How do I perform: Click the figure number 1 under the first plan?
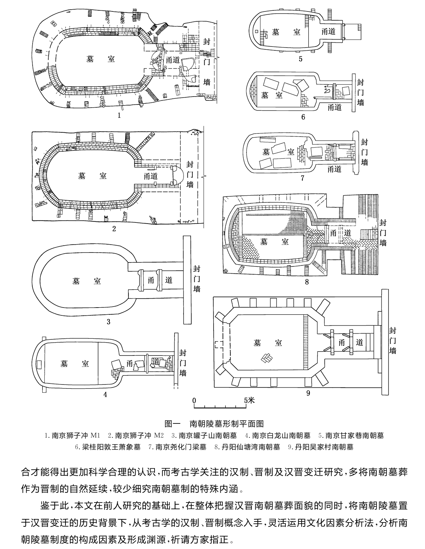point(119,116)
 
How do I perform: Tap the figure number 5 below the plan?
point(301,59)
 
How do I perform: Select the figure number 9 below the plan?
point(308,393)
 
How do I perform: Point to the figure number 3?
point(108,322)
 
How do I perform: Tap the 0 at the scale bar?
point(194,401)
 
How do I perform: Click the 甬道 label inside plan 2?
point(151,176)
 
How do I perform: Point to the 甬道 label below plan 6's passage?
point(335,107)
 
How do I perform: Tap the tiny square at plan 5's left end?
point(256,31)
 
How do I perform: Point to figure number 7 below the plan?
point(302,178)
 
